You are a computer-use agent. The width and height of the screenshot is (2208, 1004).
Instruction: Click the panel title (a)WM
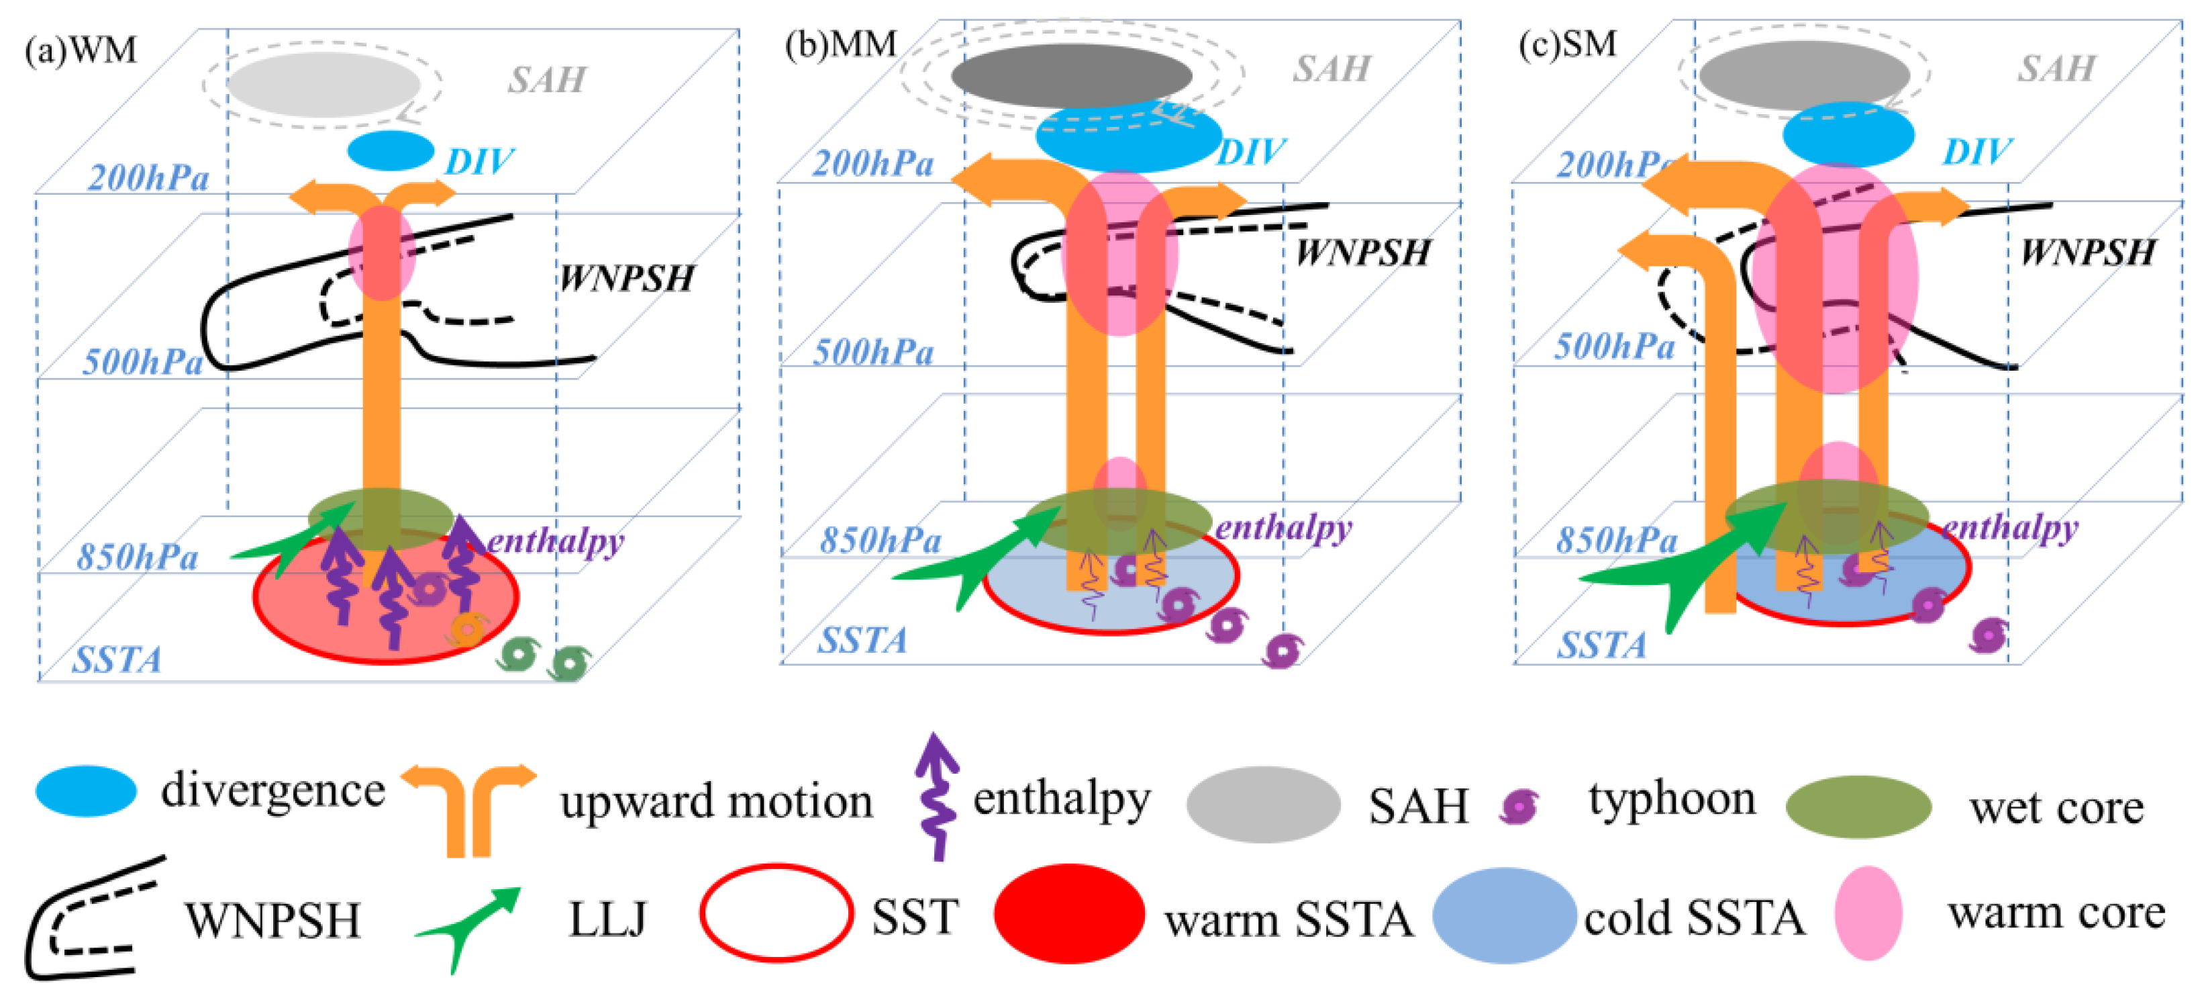click(81, 50)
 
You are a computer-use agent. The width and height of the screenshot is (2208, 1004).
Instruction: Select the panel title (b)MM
click(841, 44)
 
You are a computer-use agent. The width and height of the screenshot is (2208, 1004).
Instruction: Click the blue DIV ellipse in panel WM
click(391, 152)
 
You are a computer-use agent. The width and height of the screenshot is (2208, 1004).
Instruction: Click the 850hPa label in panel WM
click(137, 557)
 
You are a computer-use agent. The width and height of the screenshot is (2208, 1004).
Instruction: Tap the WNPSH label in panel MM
click(1363, 253)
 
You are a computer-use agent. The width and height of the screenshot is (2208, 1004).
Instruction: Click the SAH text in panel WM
click(547, 81)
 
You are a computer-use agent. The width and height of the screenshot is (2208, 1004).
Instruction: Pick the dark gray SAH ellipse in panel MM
click(1070, 75)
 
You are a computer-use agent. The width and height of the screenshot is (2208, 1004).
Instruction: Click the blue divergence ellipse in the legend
click(86, 790)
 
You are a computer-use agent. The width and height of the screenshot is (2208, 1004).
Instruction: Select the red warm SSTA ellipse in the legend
click(1069, 914)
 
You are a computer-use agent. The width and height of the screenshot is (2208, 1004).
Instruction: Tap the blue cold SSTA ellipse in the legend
click(1504, 916)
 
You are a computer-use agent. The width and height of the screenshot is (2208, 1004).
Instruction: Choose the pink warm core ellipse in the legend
click(1868, 914)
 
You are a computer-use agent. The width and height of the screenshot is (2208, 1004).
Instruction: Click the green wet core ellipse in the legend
click(1858, 807)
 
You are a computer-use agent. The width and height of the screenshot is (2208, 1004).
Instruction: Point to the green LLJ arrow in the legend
click(470, 926)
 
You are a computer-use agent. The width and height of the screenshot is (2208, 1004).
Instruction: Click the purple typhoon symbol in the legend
click(1519, 806)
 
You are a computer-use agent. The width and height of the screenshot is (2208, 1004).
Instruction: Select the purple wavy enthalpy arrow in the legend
click(937, 797)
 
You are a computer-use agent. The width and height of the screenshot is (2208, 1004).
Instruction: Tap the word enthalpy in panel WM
click(556, 541)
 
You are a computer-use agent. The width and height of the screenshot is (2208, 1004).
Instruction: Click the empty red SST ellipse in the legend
click(776, 914)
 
